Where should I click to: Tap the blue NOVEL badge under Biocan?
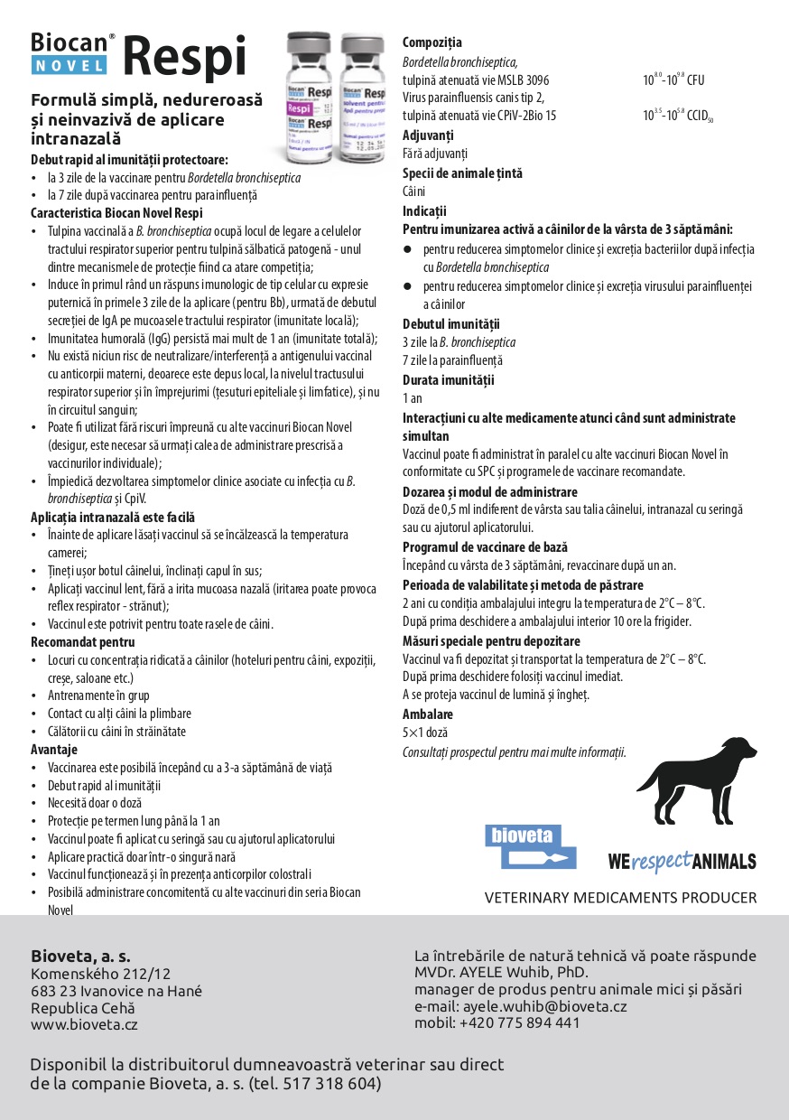coord(69,65)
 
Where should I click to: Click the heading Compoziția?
coord(432,42)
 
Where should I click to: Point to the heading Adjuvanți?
coord(428,135)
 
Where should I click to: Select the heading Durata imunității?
coord(448,380)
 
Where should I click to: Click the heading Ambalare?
coord(427,714)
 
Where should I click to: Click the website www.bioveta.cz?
coord(84,1024)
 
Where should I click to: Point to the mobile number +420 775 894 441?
coord(519,1022)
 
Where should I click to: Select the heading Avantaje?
coord(54,750)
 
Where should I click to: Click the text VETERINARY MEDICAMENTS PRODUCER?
coord(620,898)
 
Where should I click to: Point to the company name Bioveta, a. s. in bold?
coord(80,956)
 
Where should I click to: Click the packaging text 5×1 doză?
coord(424,733)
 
